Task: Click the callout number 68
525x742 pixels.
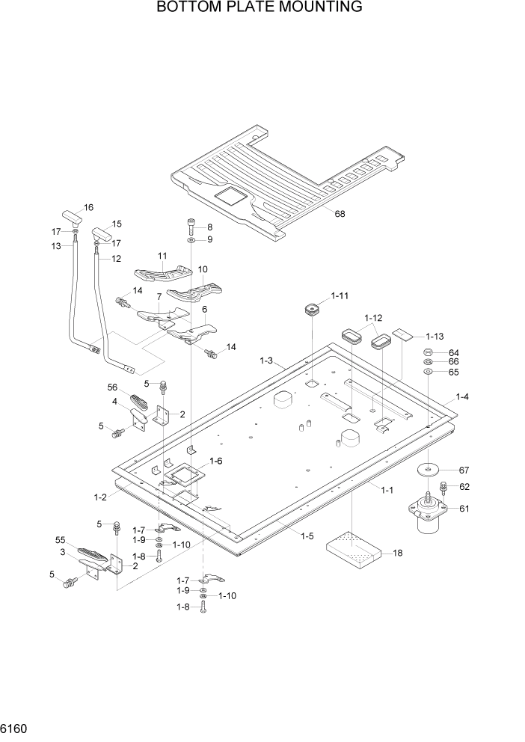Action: pyautogui.click(x=340, y=215)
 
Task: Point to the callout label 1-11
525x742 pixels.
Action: pyautogui.click(x=340, y=296)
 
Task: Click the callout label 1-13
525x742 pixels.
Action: pyautogui.click(x=435, y=336)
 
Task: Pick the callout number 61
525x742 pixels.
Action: pyautogui.click(x=464, y=509)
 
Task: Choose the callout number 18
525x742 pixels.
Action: pyautogui.click(x=398, y=553)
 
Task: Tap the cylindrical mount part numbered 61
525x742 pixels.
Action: pyautogui.click(x=427, y=518)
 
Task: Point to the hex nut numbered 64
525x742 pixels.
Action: pyautogui.click(x=428, y=352)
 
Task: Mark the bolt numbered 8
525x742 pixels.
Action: pyautogui.click(x=191, y=226)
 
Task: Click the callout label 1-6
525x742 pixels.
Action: pyautogui.click(x=217, y=461)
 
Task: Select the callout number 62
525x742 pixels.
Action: pyautogui.click(x=464, y=486)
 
